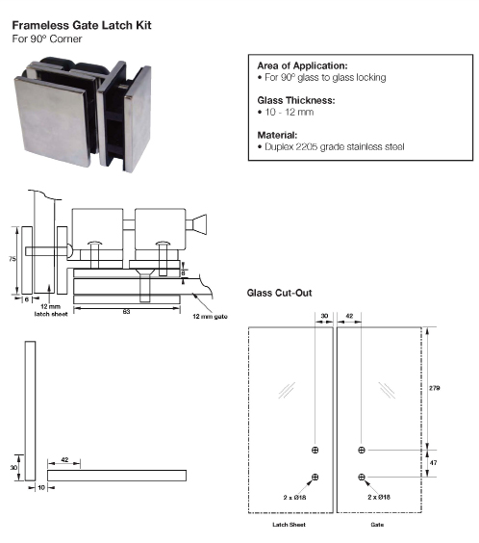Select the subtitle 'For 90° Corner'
[x=45, y=39]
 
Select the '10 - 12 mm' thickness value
[x=283, y=112]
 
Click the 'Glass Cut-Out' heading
[x=279, y=292]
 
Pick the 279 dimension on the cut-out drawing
[x=434, y=387]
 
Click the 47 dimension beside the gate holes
[x=434, y=463]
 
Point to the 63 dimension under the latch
[x=126, y=311]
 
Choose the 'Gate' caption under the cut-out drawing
[x=377, y=526]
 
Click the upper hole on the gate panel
[x=362, y=450]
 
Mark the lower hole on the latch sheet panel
[x=315, y=478]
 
